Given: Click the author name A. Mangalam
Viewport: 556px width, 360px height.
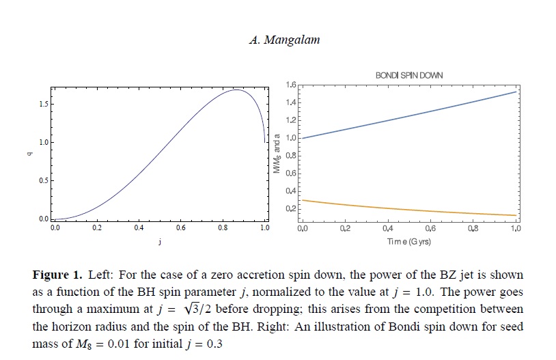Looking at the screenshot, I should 285,40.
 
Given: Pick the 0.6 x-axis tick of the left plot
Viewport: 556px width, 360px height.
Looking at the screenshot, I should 180,228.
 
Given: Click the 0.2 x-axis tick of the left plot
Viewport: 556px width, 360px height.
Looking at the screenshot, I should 96,228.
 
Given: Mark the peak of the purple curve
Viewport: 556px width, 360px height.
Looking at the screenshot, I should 236,89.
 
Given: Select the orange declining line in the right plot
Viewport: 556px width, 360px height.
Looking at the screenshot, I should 410,209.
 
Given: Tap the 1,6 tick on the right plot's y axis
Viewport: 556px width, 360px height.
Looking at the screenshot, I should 291,85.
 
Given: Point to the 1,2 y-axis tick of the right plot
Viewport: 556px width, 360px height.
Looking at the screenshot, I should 291,120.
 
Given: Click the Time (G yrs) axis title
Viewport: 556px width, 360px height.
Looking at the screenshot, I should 408,242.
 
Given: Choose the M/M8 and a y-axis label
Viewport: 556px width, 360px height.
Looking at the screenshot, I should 277,156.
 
